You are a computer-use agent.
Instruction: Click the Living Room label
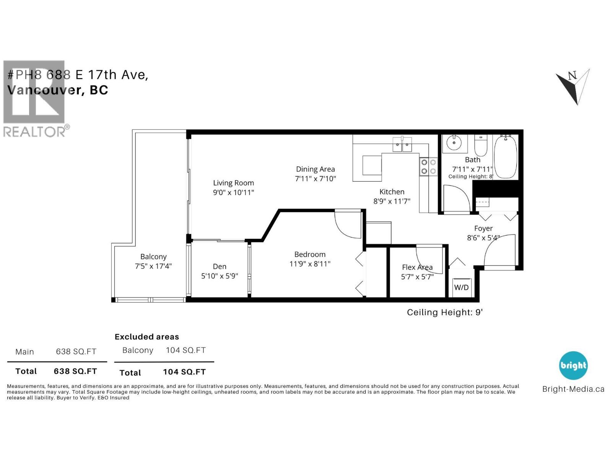click(233, 183)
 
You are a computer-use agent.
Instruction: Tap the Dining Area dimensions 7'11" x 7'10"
click(315, 179)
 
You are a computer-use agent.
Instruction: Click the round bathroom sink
click(454, 144)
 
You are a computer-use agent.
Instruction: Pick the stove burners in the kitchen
click(428, 166)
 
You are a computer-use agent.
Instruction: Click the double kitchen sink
click(402, 145)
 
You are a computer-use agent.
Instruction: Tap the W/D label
click(461, 287)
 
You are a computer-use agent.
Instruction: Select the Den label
click(220, 267)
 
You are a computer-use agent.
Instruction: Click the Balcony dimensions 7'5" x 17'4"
click(153, 266)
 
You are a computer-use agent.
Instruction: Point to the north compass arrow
click(573, 86)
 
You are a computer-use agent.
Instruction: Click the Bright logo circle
click(573, 365)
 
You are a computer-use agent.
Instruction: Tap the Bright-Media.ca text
click(573, 389)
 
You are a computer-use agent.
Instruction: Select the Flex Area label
click(417, 267)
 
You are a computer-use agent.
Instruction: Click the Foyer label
click(483, 228)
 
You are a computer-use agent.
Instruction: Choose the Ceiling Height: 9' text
click(444, 312)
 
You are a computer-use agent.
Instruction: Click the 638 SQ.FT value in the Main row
click(76, 352)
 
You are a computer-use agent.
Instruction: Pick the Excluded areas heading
click(147, 337)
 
